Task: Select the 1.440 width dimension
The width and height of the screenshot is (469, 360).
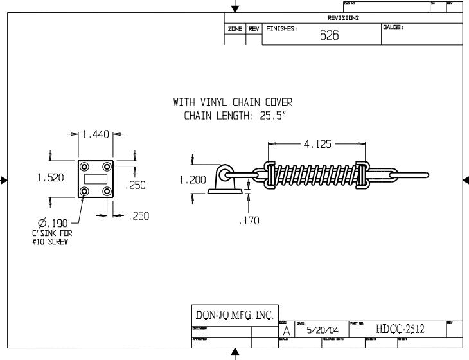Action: [94, 135]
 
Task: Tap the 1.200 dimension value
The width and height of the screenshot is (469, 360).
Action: [193, 181]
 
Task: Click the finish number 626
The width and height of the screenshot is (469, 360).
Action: [330, 36]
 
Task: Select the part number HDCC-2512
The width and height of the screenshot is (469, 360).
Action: [400, 329]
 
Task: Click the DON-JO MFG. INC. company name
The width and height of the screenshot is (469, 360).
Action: [234, 315]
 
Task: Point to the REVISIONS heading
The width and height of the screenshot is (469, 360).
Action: [343, 18]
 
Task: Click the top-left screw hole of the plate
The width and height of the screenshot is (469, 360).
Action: [84, 166]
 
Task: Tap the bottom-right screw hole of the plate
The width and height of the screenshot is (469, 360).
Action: [107, 191]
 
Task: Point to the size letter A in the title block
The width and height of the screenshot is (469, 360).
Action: [286, 330]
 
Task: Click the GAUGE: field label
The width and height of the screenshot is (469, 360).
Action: [393, 28]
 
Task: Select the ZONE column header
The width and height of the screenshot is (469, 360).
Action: [234, 30]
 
